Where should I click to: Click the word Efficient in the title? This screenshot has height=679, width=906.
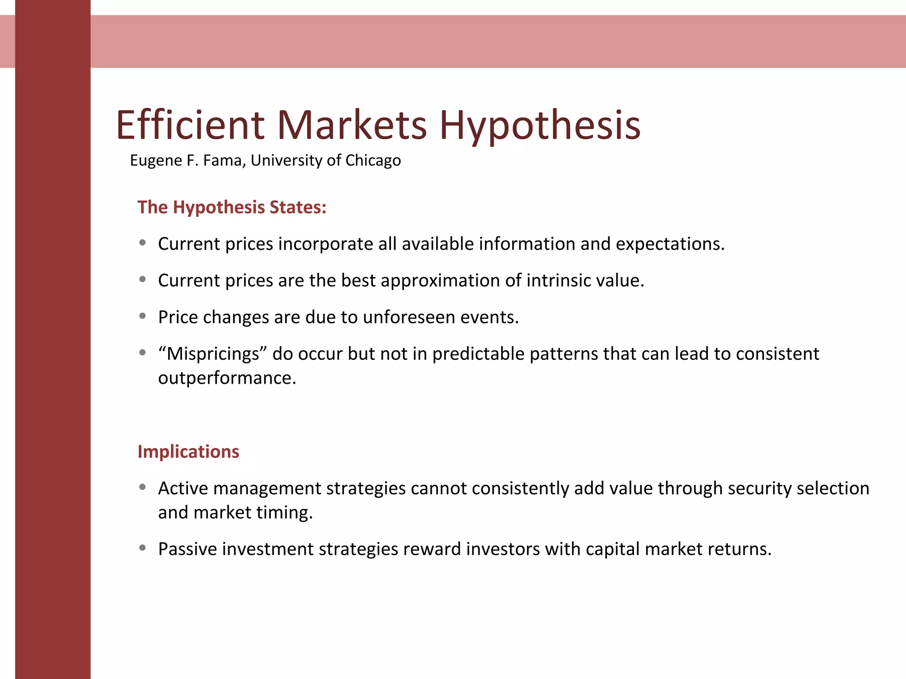(x=190, y=125)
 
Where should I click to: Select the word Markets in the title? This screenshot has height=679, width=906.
(x=352, y=125)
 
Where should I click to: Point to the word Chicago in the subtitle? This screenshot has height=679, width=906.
(x=373, y=160)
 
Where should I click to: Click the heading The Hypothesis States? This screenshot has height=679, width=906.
(x=232, y=207)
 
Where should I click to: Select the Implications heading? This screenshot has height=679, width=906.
(x=188, y=452)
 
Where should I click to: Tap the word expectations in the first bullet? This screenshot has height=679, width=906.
(x=670, y=244)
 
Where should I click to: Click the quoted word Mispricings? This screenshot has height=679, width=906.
(x=213, y=354)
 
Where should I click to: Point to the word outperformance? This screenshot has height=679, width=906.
(x=227, y=378)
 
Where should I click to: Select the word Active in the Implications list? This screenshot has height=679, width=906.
(x=183, y=488)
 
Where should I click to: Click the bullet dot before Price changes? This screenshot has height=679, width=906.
(x=142, y=316)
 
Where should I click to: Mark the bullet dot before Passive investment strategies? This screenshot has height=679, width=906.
(x=142, y=548)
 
